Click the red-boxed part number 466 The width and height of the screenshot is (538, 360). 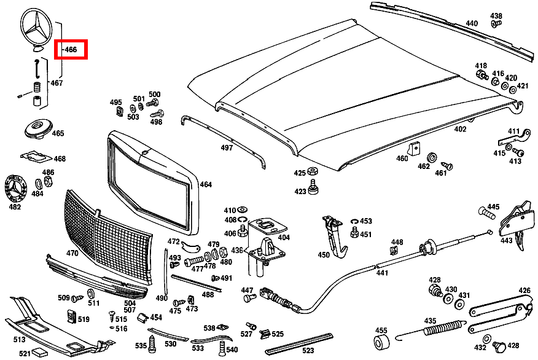(x=71, y=50)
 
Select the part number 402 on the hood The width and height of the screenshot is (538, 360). (x=460, y=130)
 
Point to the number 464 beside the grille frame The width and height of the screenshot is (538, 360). (x=205, y=184)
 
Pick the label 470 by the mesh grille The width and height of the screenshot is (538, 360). (x=72, y=252)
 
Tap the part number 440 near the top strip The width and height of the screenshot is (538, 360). (x=471, y=23)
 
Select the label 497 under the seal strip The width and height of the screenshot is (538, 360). (x=227, y=148)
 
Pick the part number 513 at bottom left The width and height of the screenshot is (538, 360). (x=19, y=338)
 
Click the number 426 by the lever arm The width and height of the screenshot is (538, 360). (x=524, y=291)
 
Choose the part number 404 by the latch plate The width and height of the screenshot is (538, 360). (x=283, y=237)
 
